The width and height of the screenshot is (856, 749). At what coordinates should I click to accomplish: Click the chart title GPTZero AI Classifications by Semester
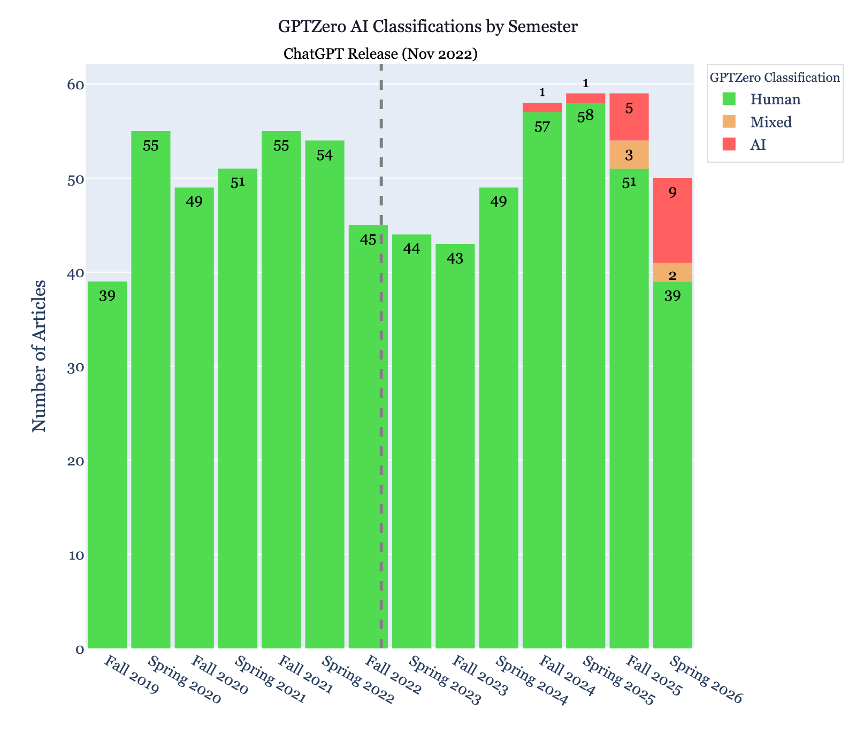[427, 27]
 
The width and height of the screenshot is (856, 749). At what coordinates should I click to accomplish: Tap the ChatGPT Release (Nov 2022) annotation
[380, 54]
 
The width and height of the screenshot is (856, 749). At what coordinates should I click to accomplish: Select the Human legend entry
[775, 100]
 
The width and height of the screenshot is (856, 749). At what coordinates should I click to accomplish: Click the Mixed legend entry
[770, 123]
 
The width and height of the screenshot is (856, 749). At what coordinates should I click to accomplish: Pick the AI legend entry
[758, 145]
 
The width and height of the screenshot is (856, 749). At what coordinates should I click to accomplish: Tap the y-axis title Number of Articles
[39, 356]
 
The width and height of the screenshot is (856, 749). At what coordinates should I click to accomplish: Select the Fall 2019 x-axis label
[132, 675]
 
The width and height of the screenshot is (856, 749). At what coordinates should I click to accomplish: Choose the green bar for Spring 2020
[151, 391]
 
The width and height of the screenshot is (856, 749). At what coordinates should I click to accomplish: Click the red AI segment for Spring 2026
[672, 220]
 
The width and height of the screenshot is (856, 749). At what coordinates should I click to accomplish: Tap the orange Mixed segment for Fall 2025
[629, 155]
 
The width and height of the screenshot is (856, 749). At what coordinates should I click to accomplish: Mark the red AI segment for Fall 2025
[629, 117]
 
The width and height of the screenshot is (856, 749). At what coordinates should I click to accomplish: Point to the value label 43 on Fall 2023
[455, 258]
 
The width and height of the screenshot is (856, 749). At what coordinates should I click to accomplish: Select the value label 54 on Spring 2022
[325, 155]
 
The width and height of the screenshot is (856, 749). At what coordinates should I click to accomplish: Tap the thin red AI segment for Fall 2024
[542, 108]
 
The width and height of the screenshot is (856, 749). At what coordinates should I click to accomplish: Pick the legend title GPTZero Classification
[774, 78]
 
